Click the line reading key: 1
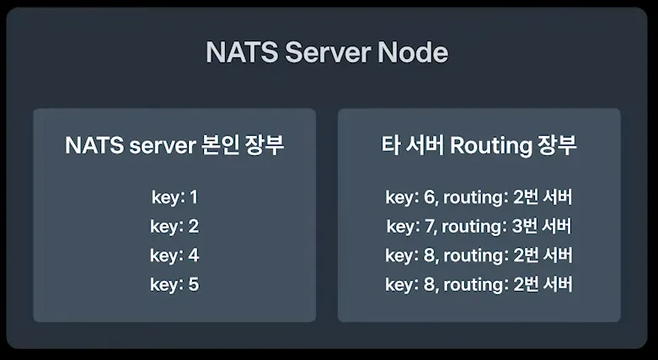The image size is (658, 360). click(174, 198)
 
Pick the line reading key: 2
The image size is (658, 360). click(174, 227)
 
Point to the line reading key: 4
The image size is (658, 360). click(174, 255)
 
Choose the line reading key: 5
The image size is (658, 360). click(174, 284)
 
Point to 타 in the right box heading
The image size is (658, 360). click(389, 146)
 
